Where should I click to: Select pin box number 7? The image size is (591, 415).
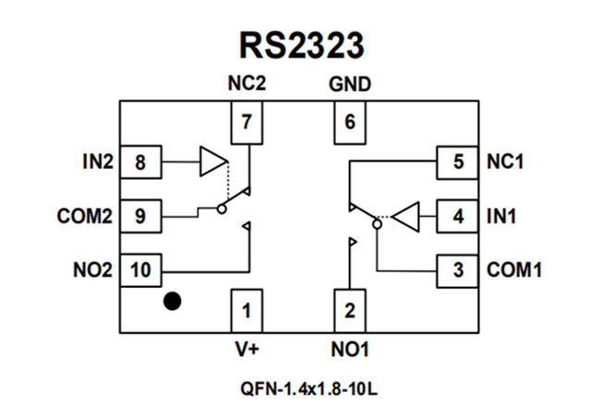246,122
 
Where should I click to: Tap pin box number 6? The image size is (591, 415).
349,122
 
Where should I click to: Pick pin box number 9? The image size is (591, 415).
140,218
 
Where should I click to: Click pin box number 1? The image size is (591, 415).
246,311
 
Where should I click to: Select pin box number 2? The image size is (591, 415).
349,311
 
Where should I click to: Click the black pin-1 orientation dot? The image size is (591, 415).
172,301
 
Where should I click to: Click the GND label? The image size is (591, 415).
349,85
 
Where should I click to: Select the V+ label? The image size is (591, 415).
246,350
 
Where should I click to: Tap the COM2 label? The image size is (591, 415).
84,218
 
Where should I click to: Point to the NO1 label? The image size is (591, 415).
349,350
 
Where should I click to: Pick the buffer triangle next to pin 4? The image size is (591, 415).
406,218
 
